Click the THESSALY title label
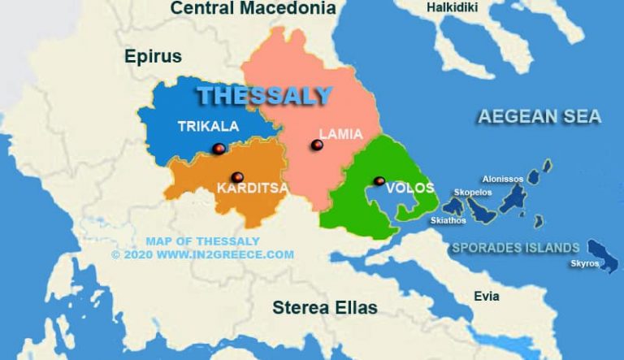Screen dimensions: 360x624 pyautogui.click(x=265, y=95)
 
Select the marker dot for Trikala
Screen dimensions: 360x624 pyautogui.click(x=218, y=148)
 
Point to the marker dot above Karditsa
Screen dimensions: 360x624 pyautogui.click(x=237, y=176)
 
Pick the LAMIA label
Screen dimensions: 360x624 pyautogui.click(x=340, y=133)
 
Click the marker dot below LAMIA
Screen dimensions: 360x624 pyautogui.click(x=317, y=145)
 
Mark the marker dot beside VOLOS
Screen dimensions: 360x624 pyautogui.click(x=379, y=180)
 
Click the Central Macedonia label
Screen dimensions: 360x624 pyautogui.click(x=253, y=9)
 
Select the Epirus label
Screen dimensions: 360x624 pyautogui.click(x=153, y=56)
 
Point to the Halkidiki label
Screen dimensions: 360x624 pyautogui.click(x=453, y=8)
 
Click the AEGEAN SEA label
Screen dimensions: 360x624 pyautogui.click(x=539, y=116)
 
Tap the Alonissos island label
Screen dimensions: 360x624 pyautogui.click(x=503, y=179)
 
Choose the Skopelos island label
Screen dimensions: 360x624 pyautogui.click(x=474, y=193)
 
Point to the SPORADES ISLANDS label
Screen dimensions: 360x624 pyautogui.click(x=515, y=248)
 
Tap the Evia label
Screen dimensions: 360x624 pyautogui.click(x=487, y=297)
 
